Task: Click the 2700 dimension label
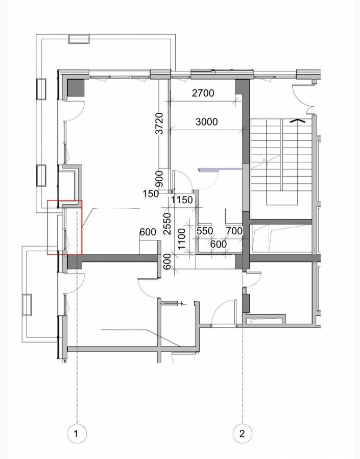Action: coord(203,93)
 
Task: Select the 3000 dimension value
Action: coord(206,122)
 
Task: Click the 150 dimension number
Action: coord(151,194)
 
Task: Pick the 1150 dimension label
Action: coord(182,200)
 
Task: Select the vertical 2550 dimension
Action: coord(167,223)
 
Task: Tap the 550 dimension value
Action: coord(204,231)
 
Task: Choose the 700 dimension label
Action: coord(234,231)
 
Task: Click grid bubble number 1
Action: coord(77,434)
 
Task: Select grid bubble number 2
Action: coord(242,434)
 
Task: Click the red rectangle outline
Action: coord(64,227)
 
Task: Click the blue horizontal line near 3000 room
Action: coord(220,168)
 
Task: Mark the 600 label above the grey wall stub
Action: coord(148,232)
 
